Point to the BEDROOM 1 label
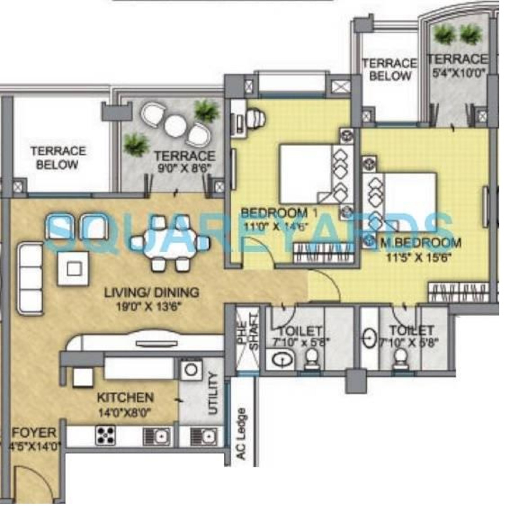[279, 213]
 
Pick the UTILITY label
[213, 394]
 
